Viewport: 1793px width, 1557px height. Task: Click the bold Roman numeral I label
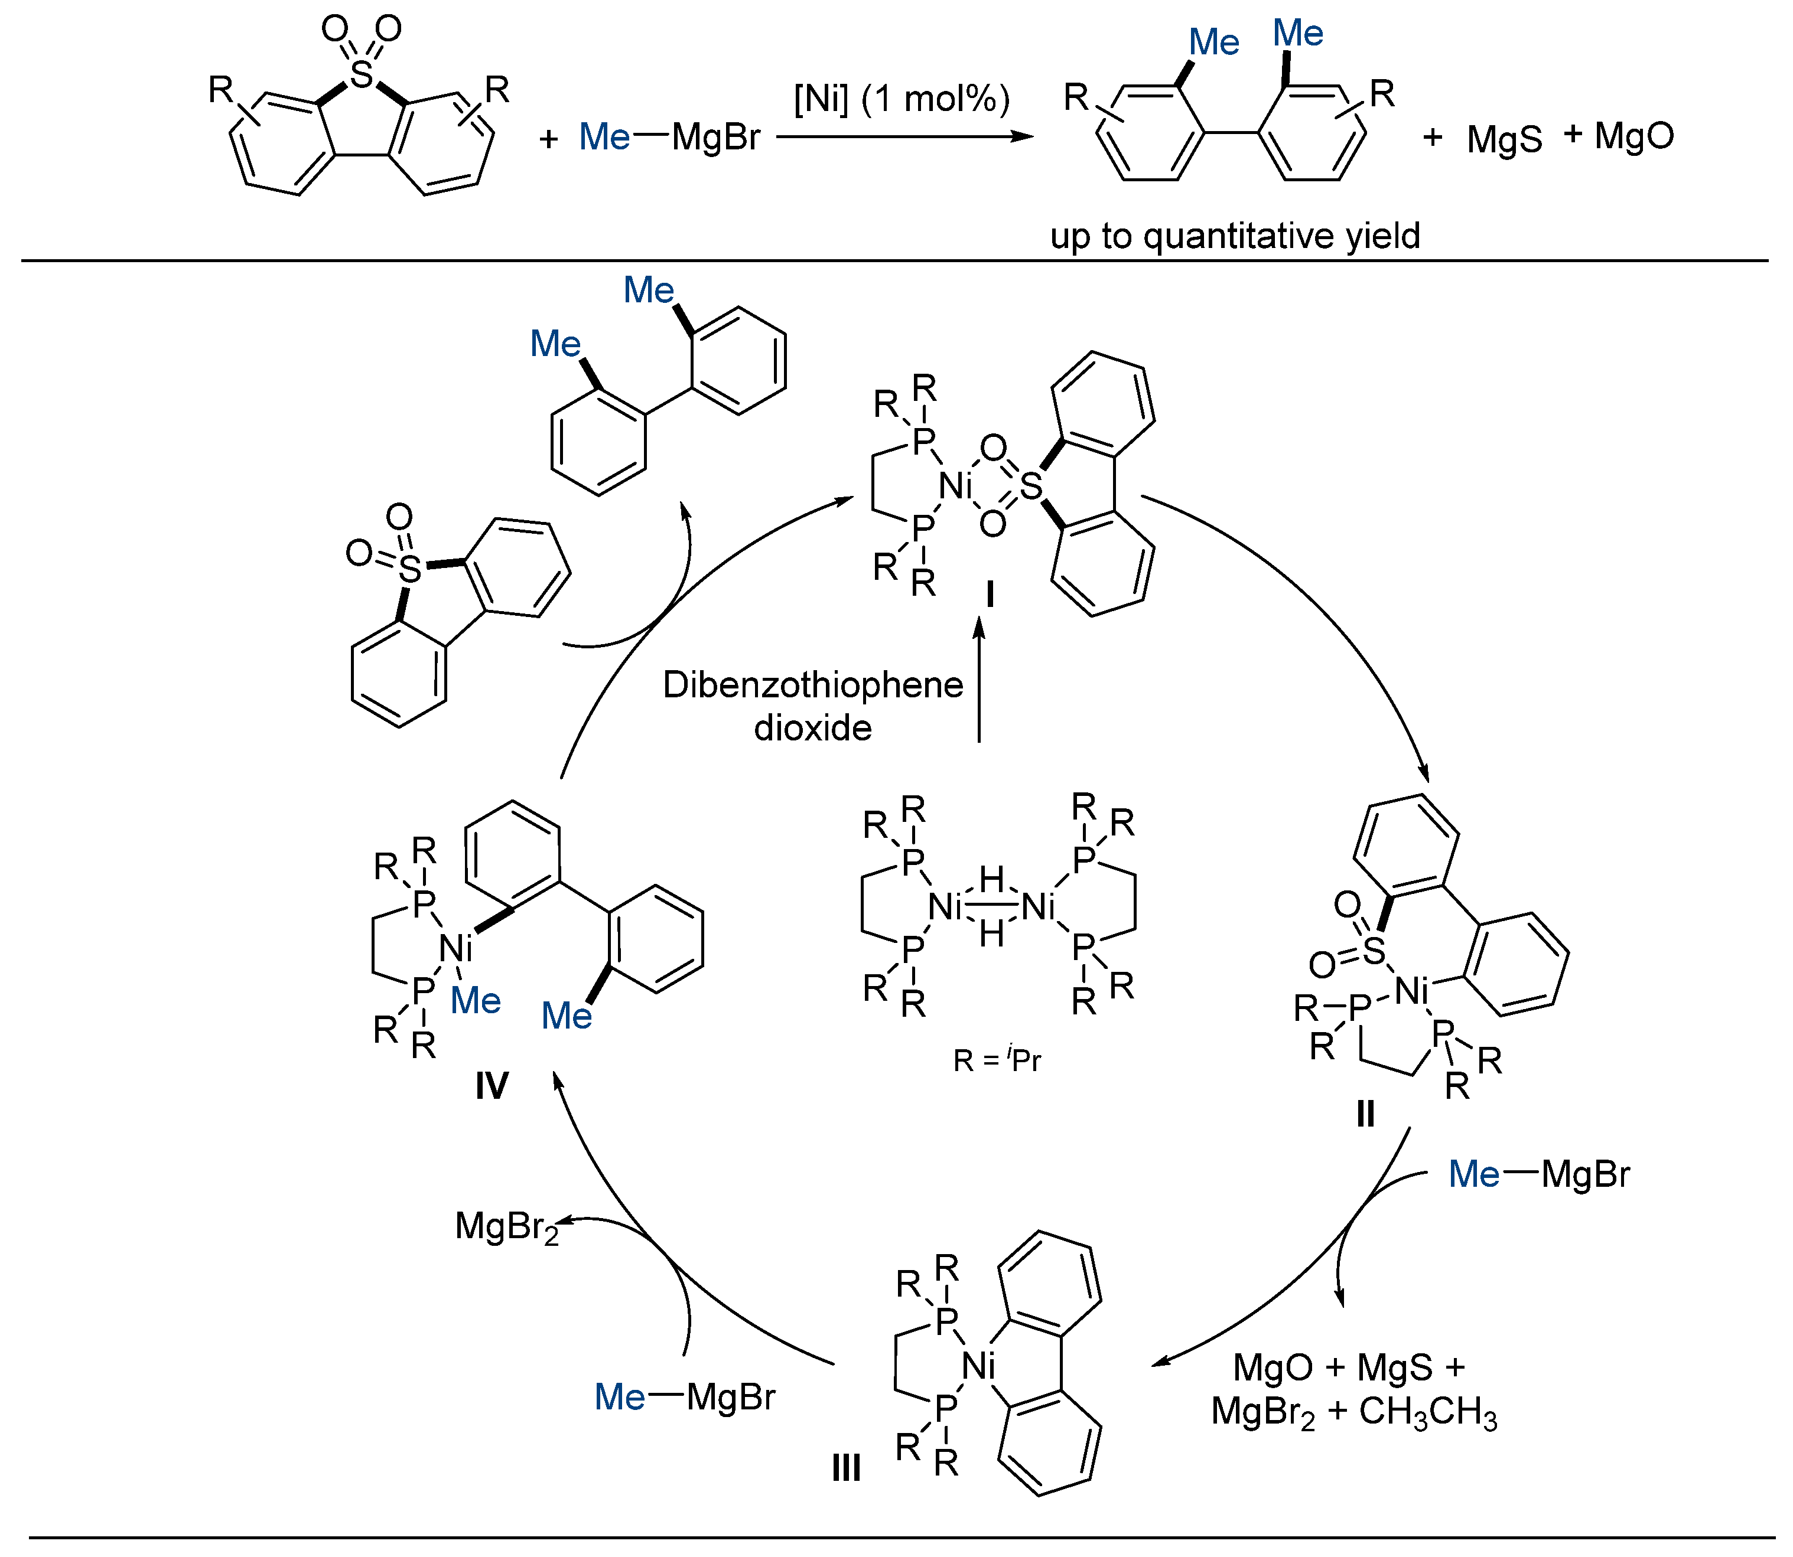point(989,595)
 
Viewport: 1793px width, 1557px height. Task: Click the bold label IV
point(491,1086)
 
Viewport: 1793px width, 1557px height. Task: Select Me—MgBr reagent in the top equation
point(669,138)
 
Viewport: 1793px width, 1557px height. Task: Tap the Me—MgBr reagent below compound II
point(1538,1175)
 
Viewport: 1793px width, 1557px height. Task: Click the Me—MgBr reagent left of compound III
point(684,1397)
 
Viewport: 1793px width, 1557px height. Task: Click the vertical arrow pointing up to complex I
point(980,678)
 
